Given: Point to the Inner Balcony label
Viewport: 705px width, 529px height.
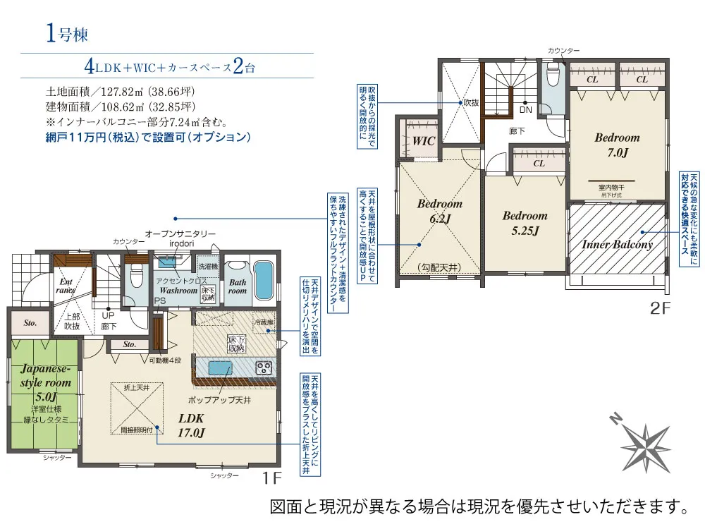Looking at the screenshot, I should click(617, 245).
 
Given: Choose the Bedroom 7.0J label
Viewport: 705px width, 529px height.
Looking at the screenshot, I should click(617, 145).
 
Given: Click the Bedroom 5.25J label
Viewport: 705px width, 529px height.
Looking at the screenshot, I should click(525, 223).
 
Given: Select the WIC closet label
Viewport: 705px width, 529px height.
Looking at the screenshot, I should click(423, 141).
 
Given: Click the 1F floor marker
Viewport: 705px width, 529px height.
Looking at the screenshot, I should click(273, 479).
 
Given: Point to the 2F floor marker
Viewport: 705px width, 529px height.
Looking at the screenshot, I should click(658, 308).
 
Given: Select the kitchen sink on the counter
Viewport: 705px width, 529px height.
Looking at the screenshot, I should click(220, 367).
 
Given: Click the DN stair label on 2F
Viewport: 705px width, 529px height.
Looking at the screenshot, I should click(526, 109).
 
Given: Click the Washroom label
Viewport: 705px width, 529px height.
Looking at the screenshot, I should click(178, 290).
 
